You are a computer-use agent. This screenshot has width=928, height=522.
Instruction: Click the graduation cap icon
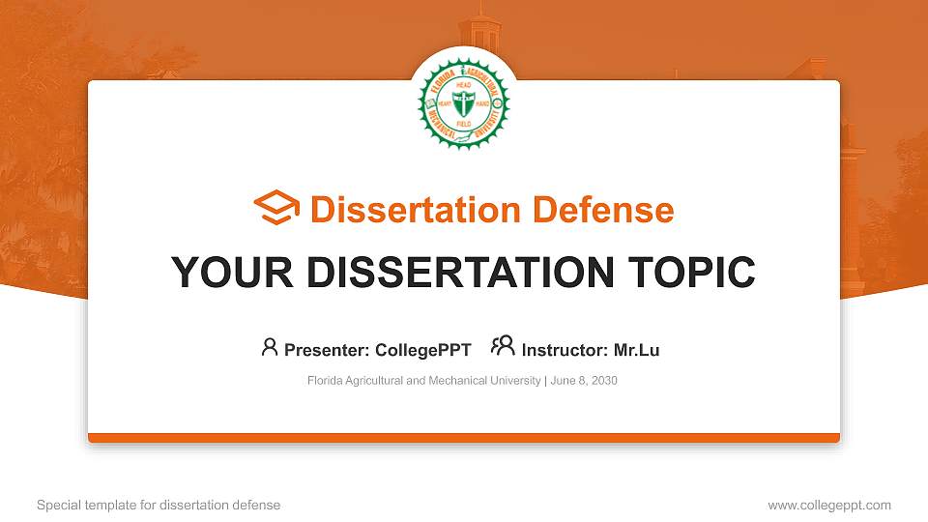(x=276, y=209)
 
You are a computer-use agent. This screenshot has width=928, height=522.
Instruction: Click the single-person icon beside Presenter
(x=270, y=347)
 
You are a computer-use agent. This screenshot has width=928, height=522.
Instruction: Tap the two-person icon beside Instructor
(x=503, y=347)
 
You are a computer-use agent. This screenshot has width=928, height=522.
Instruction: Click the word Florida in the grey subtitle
(x=325, y=381)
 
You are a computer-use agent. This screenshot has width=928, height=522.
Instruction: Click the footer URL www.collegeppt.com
(x=829, y=505)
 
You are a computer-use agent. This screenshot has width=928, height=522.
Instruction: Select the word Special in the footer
(x=58, y=505)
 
